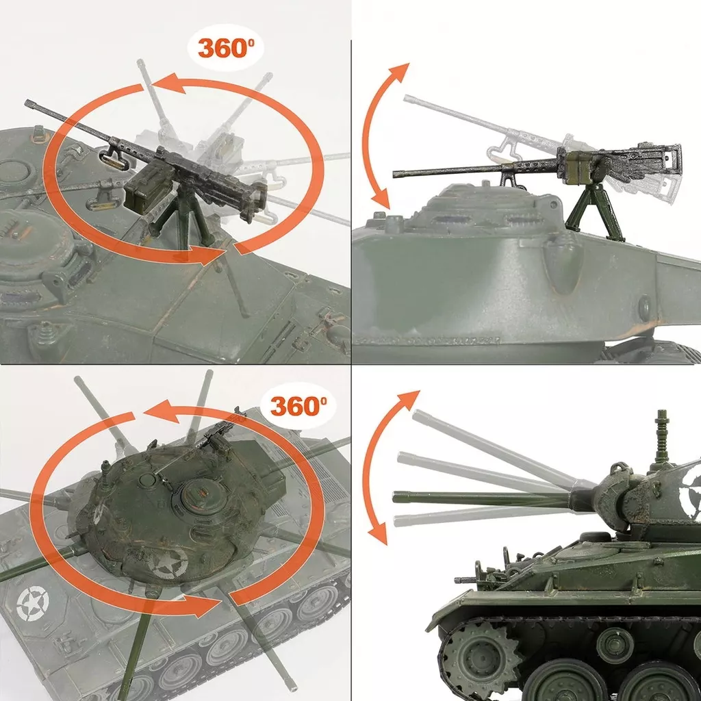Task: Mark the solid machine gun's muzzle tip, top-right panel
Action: click(x=395, y=174)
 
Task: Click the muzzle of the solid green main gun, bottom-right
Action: click(x=396, y=496)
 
